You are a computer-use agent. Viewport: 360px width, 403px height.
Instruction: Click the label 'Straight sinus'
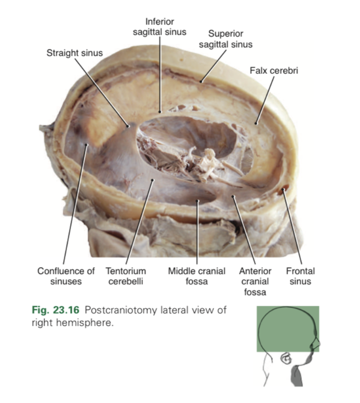pos(74,53)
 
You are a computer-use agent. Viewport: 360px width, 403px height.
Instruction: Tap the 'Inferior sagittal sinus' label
pos(159,26)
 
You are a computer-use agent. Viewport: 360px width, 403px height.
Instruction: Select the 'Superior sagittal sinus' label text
pos(225,39)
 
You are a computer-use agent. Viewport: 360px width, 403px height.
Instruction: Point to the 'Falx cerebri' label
pos(274,70)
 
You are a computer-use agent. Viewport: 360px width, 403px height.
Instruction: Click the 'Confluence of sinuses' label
pos(65,276)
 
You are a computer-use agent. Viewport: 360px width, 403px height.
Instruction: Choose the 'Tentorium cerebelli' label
pos(126,276)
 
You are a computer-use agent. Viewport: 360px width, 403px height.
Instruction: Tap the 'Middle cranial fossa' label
pos(197,276)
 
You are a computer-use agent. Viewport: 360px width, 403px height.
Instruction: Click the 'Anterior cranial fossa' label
pos(255,281)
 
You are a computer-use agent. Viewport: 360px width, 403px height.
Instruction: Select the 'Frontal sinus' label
pos(300,276)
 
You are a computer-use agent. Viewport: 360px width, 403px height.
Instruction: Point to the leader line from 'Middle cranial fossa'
pos(197,233)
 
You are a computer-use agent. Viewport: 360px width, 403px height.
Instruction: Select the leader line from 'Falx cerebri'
pos(266,99)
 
